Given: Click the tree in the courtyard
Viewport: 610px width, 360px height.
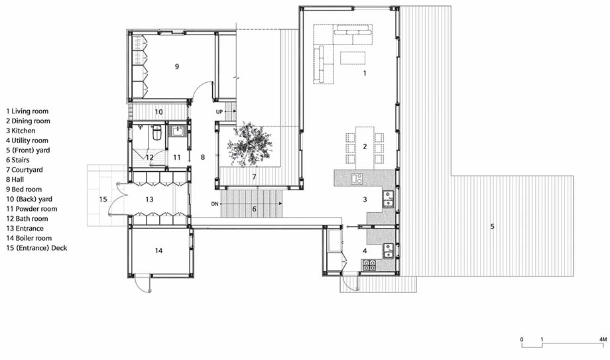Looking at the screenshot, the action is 249,145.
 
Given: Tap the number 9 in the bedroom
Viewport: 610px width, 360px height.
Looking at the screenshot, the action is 177,66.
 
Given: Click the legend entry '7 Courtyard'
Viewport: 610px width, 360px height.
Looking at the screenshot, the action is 25,170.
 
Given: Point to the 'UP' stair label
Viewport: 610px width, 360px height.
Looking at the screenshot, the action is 219,111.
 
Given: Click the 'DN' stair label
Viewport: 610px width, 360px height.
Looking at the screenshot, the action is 215,204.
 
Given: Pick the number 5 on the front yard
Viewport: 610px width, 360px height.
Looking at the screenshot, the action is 492,226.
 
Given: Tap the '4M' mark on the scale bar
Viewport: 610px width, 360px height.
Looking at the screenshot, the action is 603,339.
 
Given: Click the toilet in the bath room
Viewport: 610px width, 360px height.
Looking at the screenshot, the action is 156,133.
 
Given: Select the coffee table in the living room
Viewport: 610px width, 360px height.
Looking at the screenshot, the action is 353,58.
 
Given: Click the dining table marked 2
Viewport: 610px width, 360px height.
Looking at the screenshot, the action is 365,147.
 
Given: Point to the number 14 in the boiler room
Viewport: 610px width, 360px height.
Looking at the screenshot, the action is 158,251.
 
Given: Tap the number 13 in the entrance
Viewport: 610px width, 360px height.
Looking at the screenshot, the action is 149,200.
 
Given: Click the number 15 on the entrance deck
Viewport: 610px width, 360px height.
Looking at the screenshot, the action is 103,200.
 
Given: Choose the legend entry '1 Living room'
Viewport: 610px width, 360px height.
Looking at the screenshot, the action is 27,111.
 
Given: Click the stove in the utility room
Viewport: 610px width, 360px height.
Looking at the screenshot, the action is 369,265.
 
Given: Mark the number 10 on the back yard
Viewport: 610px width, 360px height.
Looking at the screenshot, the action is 158,112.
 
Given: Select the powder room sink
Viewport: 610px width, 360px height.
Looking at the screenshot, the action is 178,131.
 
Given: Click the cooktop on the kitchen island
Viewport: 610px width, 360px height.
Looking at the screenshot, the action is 357,178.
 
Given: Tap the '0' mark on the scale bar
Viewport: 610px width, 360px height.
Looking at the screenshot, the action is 522,339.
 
